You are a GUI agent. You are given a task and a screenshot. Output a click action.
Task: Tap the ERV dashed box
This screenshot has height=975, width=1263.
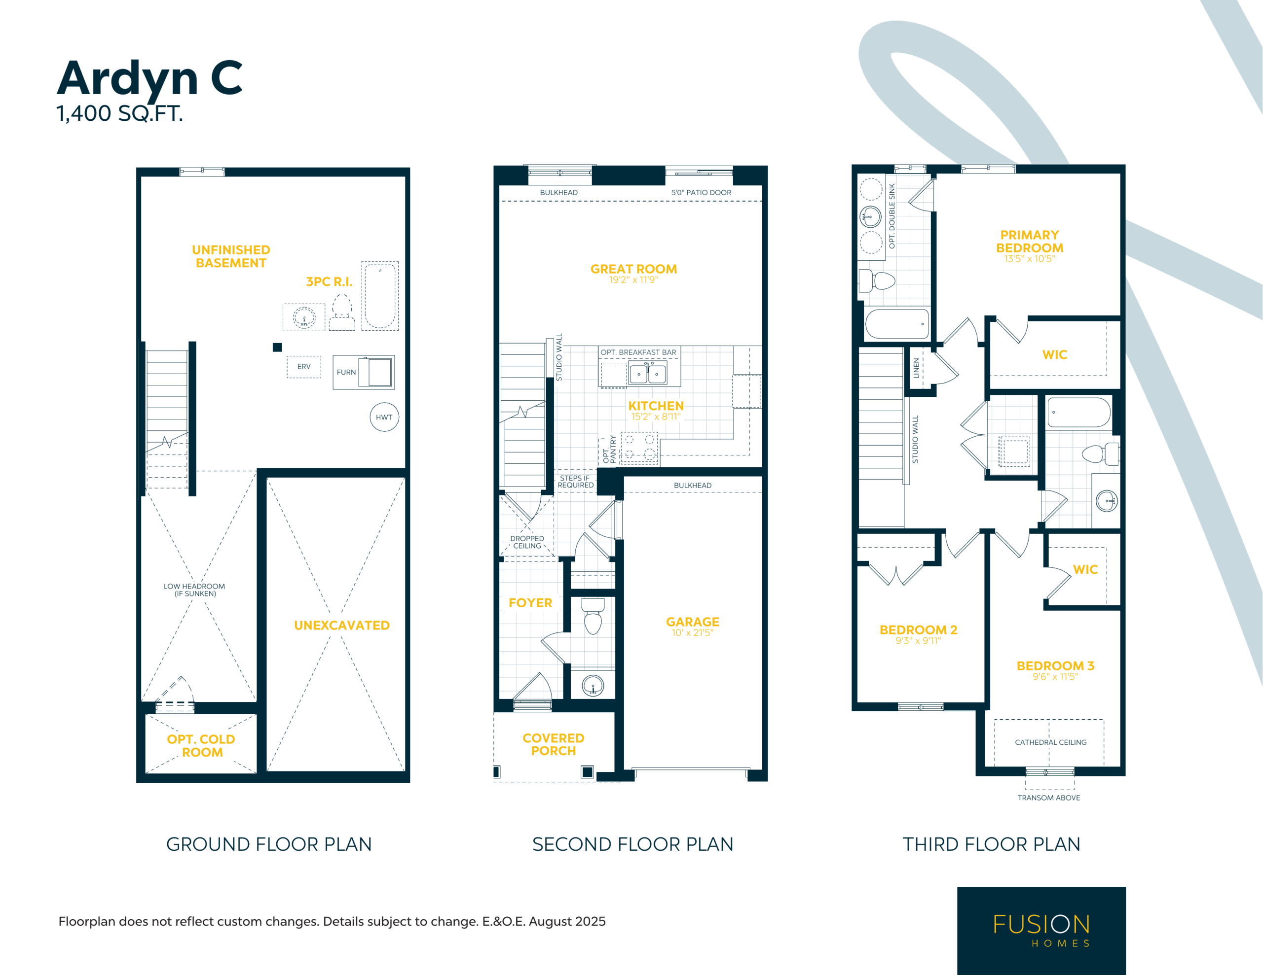point(303,367)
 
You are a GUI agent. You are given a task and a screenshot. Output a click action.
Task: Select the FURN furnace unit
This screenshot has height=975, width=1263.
point(364,372)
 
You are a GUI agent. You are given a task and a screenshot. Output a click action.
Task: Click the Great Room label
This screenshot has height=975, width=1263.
point(633,269)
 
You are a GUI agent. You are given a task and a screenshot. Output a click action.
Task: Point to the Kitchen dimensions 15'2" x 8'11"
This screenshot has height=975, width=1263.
point(656,417)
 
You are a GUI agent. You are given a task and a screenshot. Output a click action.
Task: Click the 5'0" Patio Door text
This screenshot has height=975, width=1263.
point(701,192)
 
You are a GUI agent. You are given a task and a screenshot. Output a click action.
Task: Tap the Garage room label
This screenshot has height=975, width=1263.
point(692,622)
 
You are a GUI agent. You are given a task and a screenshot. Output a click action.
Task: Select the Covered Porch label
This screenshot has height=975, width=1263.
point(554,744)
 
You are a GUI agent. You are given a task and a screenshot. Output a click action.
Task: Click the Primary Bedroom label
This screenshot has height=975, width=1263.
point(1029,242)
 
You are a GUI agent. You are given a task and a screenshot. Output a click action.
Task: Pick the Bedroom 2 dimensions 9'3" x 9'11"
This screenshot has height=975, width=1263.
point(918,640)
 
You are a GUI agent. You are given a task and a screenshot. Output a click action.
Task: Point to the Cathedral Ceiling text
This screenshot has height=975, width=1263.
point(1050,742)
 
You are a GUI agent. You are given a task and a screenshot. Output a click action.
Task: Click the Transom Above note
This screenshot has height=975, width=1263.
point(1048,798)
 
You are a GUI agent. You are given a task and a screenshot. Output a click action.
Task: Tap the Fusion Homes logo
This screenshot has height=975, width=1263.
point(1041,931)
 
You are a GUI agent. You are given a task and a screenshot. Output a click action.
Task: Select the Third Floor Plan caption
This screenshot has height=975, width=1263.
point(991,844)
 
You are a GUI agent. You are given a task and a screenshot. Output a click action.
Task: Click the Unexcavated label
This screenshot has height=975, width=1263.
point(342,626)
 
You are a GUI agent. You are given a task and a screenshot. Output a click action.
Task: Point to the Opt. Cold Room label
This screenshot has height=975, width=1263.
point(201,746)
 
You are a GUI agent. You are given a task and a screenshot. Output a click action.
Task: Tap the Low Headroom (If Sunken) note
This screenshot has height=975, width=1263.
point(194,590)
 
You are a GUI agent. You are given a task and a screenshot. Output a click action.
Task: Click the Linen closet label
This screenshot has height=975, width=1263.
point(916,368)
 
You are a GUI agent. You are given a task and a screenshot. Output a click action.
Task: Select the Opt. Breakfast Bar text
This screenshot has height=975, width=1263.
point(638,352)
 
